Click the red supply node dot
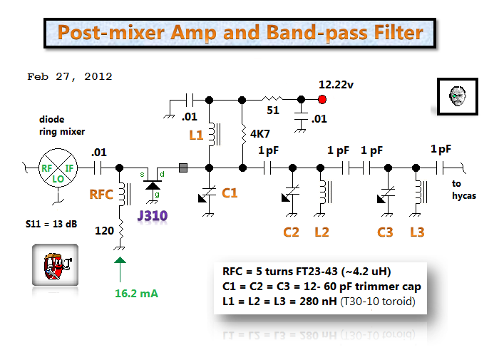(x=322, y=99)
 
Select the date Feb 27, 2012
(x=69, y=76)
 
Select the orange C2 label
(x=291, y=232)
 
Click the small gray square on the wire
(x=183, y=168)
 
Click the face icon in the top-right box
(x=455, y=96)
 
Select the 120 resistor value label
(x=103, y=230)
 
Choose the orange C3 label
(x=385, y=232)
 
